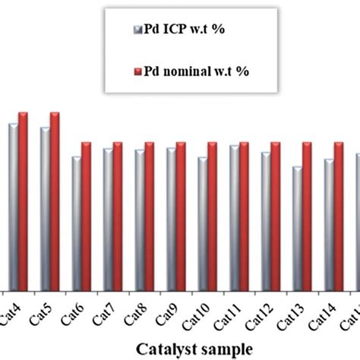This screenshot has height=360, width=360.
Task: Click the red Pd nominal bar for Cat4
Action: click(x=23, y=201)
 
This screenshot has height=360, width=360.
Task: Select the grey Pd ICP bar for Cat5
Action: click(x=46, y=208)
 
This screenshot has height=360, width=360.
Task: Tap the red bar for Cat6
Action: click(x=86, y=216)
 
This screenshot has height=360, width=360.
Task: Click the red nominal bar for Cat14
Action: click(x=338, y=216)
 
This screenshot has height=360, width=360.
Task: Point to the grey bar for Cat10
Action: click(x=202, y=223)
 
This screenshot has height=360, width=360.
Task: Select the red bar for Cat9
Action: click(x=181, y=216)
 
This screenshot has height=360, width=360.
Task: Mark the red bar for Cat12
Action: click(x=275, y=216)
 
